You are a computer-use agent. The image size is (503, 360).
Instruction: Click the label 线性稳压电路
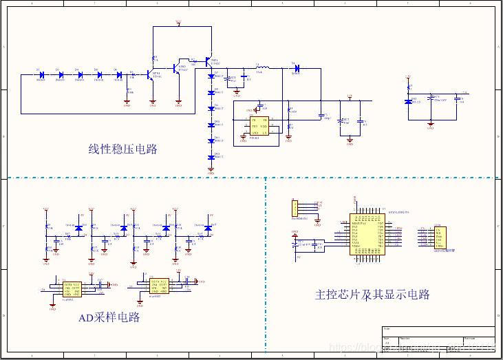tap(122, 149)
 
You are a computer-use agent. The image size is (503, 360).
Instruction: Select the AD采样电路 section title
tap(109, 317)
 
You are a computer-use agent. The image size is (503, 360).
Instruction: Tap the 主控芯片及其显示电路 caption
tap(372, 295)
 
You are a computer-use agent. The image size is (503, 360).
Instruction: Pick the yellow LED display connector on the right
tap(440, 238)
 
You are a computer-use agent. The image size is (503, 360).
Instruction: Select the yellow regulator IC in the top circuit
tap(259, 129)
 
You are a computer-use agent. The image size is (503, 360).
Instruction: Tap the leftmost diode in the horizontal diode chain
tap(41, 74)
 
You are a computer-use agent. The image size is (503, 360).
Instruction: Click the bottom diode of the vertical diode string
tap(212, 157)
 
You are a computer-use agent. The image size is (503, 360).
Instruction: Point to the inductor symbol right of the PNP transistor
tap(263, 67)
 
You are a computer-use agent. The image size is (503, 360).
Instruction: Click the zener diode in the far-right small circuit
tap(409, 101)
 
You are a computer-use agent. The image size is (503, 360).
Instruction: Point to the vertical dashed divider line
tap(266, 262)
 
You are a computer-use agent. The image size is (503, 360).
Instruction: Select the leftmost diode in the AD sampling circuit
tap(78, 227)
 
